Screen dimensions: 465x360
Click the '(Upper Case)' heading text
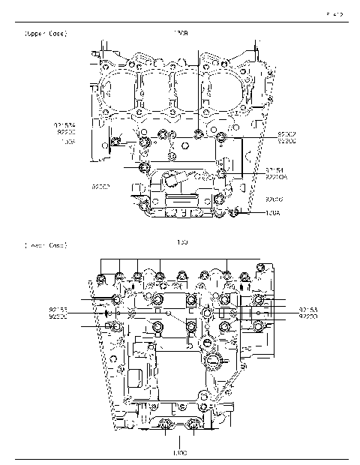pyautogui.click(x=46, y=34)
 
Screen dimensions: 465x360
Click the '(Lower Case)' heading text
pyautogui.click(x=46, y=244)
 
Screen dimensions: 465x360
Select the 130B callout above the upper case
pyautogui.click(x=181, y=34)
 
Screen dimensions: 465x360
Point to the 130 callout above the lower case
pyautogui.click(x=181, y=243)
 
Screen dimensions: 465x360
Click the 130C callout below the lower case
pyautogui.click(x=179, y=453)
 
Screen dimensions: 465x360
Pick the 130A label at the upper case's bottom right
pyautogui.click(x=272, y=214)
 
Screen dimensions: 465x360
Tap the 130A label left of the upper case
pyautogui.click(x=67, y=140)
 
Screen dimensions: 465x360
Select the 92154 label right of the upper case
pyautogui.click(x=274, y=170)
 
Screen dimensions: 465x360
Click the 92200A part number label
pyautogui.click(x=276, y=178)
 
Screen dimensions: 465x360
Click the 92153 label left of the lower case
pyautogui.click(x=58, y=309)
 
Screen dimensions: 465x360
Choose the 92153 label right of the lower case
pyautogui.click(x=307, y=309)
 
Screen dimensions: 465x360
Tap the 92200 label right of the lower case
pyautogui.click(x=307, y=316)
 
